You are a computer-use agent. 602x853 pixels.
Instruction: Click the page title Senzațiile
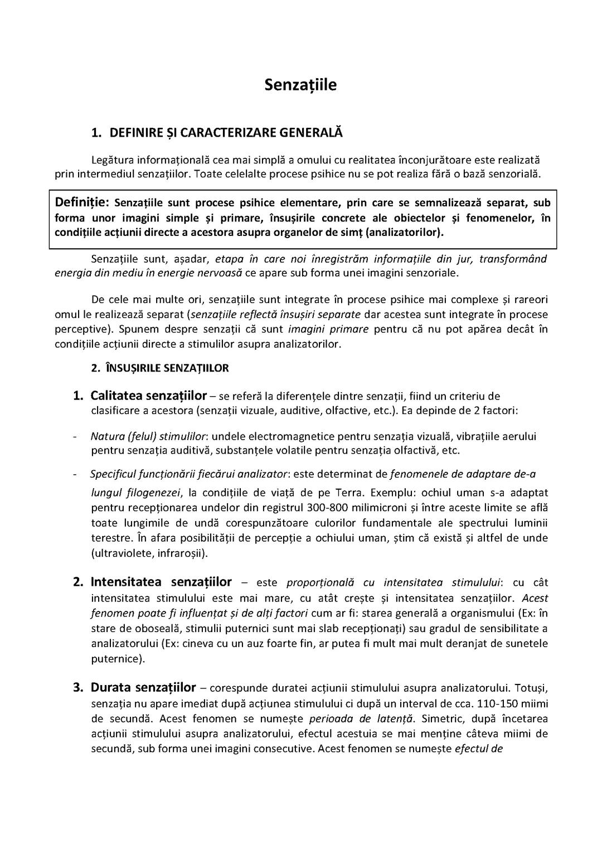(300, 85)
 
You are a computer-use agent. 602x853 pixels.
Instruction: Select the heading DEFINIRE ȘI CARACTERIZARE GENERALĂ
(226, 133)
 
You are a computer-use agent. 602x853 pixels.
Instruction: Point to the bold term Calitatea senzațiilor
(148, 396)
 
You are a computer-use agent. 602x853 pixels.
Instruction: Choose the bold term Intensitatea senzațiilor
(161, 582)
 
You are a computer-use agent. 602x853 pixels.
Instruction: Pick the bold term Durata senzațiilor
(143, 687)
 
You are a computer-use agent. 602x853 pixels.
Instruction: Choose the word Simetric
(446, 718)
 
